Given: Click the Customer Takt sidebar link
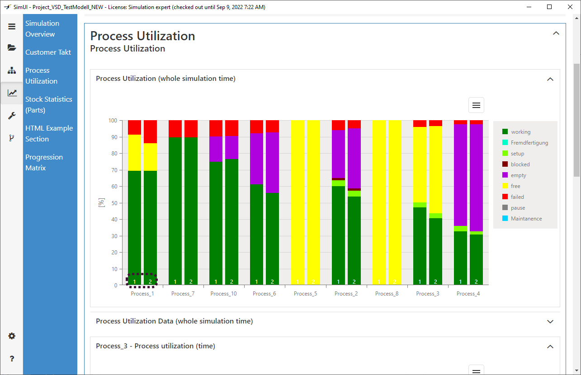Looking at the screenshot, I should [x=48, y=52].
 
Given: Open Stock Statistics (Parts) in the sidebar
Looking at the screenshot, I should [x=48, y=104].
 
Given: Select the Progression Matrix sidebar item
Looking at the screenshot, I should [x=44, y=162].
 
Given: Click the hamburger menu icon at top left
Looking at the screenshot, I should [x=12, y=27].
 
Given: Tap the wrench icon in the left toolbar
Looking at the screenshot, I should [x=12, y=116].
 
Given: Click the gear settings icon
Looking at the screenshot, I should [x=12, y=336].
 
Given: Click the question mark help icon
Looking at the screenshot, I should [x=12, y=359].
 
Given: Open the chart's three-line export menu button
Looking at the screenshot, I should [x=476, y=105].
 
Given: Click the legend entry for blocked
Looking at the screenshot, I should [x=520, y=164].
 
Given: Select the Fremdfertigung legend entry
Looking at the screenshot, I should [x=529, y=143].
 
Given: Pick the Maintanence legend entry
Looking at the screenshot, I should [x=526, y=219].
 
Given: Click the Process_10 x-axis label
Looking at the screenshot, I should [x=223, y=294].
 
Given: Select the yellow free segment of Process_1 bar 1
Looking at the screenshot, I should [x=135, y=153].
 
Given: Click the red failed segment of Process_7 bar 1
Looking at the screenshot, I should [x=175, y=128].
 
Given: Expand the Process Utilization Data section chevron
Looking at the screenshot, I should [x=550, y=322].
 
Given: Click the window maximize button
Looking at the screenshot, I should [x=549, y=7].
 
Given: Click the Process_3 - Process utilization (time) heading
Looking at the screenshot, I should [x=156, y=346].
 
